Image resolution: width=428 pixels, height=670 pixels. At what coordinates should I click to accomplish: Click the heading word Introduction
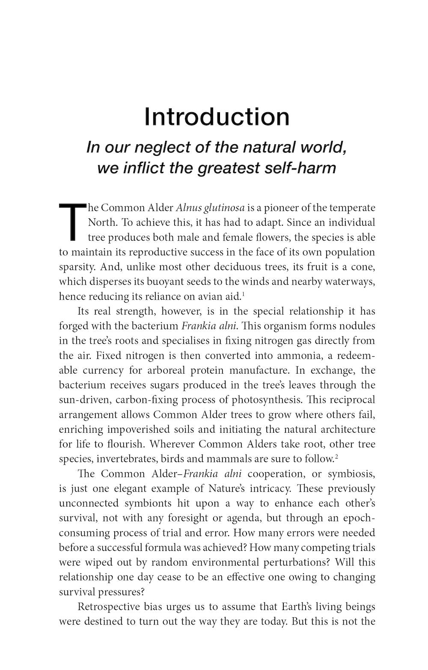(217, 116)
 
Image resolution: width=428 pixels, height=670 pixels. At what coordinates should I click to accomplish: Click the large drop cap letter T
(72, 221)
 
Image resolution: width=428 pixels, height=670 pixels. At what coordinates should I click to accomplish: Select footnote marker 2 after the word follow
(336, 456)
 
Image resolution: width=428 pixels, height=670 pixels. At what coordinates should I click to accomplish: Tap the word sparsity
(77, 267)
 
